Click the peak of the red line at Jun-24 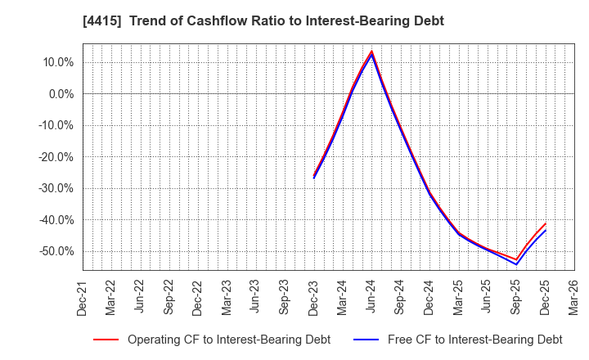(x=371, y=51)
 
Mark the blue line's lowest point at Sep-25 (x=516, y=264)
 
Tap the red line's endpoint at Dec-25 (x=545, y=223)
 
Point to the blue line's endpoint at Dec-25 (x=545, y=231)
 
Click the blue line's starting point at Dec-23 (x=313, y=178)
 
